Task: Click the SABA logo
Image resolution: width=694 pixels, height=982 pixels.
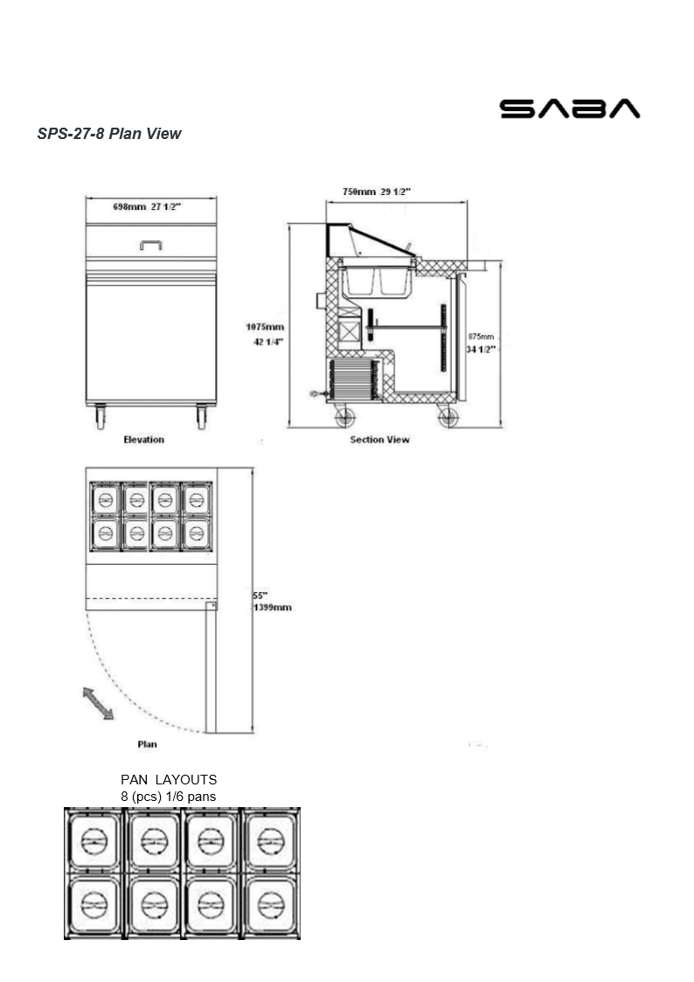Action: tap(569, 108)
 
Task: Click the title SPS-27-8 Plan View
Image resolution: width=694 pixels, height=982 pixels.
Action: tap(109, 134)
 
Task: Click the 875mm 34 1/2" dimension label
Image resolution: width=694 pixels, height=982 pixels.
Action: tap(481, 342)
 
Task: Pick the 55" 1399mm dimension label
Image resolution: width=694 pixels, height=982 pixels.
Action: tap(272, 601)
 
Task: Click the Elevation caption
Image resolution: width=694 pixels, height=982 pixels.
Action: tap(143, 439)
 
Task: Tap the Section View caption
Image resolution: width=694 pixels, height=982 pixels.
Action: tap(379, 439)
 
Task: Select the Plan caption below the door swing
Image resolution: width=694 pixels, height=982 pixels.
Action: tap(147, 744)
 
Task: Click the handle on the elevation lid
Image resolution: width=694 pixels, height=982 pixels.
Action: tap(150, 246)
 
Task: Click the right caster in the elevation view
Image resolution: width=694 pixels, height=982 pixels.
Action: tap(202, 416)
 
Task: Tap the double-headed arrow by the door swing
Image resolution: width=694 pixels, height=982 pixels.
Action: tap(98, 703)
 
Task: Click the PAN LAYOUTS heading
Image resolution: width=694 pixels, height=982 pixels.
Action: tap(169, 779)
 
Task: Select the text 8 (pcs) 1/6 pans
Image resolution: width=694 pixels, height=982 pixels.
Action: tap(169, 796)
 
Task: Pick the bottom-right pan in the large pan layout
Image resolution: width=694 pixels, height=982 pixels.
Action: tap(270, 905)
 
